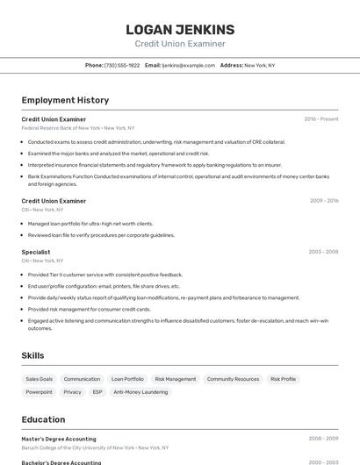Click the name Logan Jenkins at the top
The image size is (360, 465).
point(179,30)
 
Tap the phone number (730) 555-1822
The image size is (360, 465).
point(122,65)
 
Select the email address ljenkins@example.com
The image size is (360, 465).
point(189,65)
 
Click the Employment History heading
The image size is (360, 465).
point(65,100)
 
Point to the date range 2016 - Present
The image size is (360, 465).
point(321,119)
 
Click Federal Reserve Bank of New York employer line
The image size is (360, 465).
point(78,128)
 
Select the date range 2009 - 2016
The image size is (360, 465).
point(323,201)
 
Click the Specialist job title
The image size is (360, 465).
point(36,252)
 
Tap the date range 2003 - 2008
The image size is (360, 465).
point(323,252)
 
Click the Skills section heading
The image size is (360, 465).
point(33,355)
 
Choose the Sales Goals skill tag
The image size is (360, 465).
point(39,379)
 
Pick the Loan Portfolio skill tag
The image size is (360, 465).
point(127,379)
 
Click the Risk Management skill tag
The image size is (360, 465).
point(175,379)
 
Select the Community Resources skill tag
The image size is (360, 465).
point(233,379)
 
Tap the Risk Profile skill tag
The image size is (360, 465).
point(283,379)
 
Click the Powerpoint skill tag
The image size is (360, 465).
point(39,392)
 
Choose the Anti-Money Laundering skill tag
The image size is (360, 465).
point(140,392)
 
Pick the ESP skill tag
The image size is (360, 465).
point(97,392)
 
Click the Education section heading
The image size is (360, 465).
point(43,419)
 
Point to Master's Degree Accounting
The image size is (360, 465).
point(59,439)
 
